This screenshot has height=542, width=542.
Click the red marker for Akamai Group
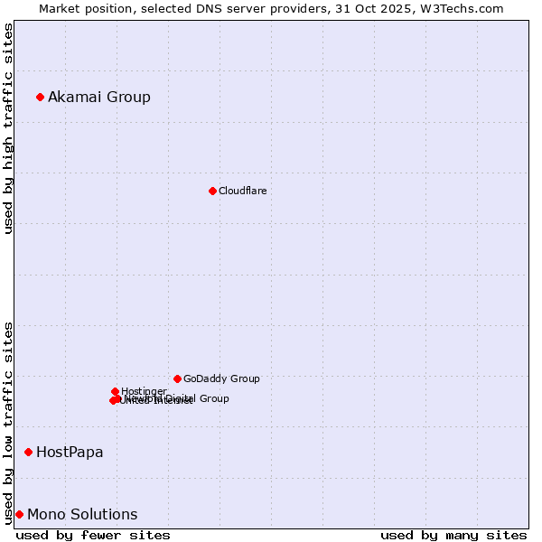[x=40, y=97]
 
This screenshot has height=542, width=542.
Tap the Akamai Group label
[x=99, y=98]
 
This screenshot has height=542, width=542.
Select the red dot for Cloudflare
[x=212, y=191]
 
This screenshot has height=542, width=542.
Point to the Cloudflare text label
[x=243, y=192]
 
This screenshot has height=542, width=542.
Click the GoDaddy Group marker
[x=177, y=378]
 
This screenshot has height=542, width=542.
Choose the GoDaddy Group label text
[x=221, y=379]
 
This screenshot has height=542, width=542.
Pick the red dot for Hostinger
[x=115, y=391]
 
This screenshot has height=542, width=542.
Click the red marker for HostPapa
[x=29, y=452]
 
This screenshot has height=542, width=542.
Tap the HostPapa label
[x=70, y=453]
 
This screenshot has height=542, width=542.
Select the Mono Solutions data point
[x=19, y=514]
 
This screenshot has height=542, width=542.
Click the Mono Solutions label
[x=82, y=515]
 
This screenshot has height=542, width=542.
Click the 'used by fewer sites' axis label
[x=93, y=535]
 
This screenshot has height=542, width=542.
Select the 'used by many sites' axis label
[x=453, y=535]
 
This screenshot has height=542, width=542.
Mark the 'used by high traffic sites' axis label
[x=9, y=128]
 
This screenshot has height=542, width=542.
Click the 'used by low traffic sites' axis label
[x=9, y=423]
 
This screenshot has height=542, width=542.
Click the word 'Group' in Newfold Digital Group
[x=213, y=398]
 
